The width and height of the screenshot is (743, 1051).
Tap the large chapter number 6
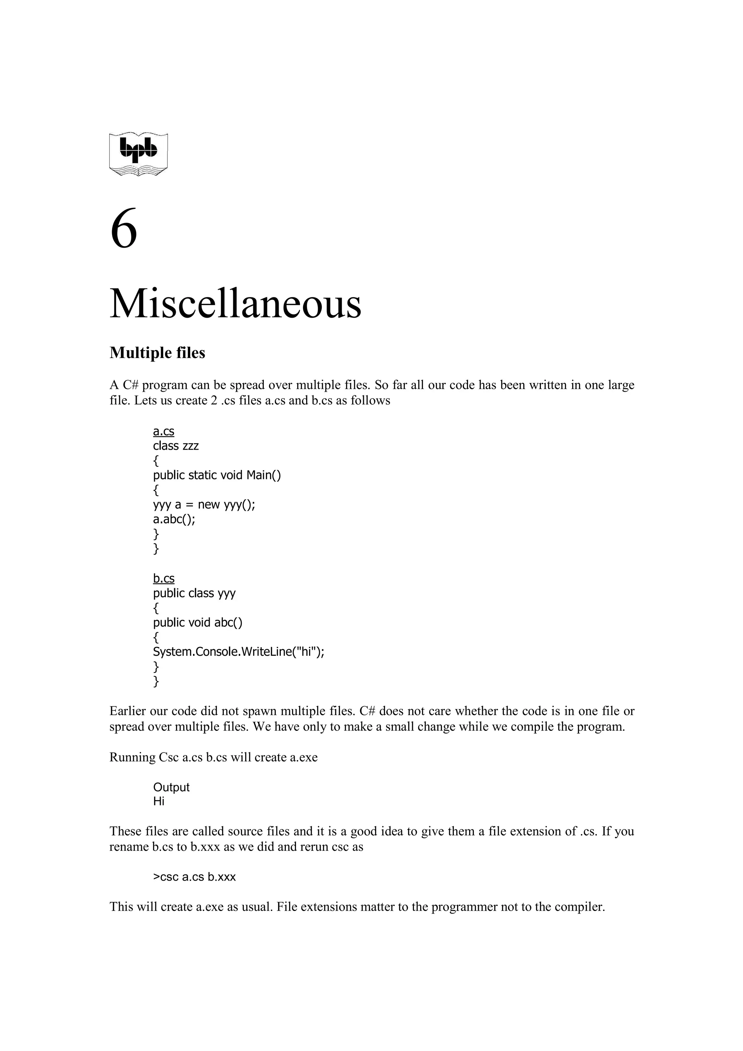[124, 228]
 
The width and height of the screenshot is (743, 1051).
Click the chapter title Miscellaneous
[235, 304]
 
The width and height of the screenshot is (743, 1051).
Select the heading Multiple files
[157, 353]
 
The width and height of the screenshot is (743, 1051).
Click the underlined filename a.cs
[163, 431]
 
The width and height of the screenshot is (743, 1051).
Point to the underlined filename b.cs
[163, 578]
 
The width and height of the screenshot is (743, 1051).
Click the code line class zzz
[176, 446]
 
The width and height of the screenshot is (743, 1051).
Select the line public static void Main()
[217, 475]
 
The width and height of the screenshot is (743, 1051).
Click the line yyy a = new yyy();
[204, 504]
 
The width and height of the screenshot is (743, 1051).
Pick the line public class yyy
[194, 593]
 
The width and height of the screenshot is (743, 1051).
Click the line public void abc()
[197, 623]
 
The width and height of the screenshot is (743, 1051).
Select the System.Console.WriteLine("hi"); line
[238, 652]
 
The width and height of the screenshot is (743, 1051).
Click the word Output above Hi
[171, 787]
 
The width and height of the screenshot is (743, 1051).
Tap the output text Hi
[159, 801]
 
